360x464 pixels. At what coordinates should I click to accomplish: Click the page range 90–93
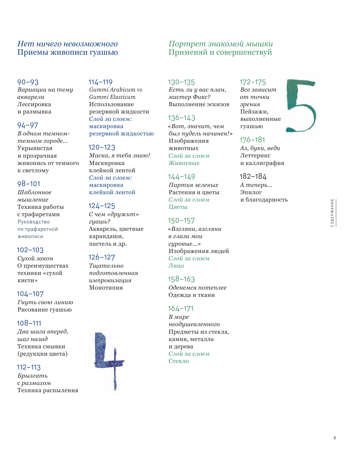tap(28, 82)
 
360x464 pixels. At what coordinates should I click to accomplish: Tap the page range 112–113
tap(29, 367)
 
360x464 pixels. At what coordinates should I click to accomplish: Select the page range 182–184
tap(253, 177)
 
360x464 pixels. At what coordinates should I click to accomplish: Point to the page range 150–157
tap(181, 220)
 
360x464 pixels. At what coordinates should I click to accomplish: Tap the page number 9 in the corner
tap(335, 438)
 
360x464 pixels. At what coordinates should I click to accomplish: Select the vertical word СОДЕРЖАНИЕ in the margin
tap(332, 213)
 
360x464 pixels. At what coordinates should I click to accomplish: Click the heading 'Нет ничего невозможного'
tap(67, 44)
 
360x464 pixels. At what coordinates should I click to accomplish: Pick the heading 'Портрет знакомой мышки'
tap(220, 44)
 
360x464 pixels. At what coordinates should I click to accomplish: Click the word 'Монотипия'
tap(106, 288)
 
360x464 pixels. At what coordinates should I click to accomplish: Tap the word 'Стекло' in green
tap(179, 361)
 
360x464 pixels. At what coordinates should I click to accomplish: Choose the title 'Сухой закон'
tap(35, 258)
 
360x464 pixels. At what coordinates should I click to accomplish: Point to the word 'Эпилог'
tap(251, 192)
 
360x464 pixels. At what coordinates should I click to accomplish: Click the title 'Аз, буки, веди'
tap(260, 148)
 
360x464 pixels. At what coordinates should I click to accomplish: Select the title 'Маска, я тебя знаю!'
tap(119, 155)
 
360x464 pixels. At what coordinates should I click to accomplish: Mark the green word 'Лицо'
tap(176, 266)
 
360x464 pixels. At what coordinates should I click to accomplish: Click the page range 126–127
tap(102, 257)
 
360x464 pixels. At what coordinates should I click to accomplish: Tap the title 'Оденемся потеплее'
tap(197, 288)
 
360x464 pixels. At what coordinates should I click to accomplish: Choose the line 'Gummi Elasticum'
tap(112, 97)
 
